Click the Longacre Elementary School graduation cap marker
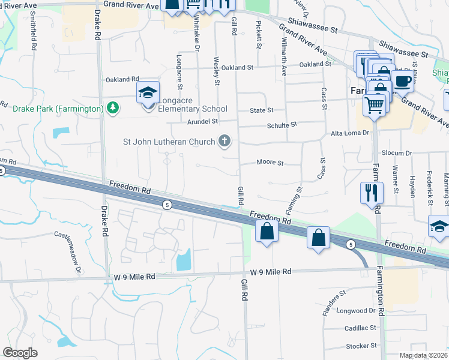pyautogui.click(x=148, y=93)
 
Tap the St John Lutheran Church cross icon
pyautogui.click(x=224, y=142)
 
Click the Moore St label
pyautogui.click(x=270, y=162)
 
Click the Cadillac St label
pyautogui.click(x=360, y=328)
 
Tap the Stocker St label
pyautogui.click(x=361, y=346)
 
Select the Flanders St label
pyautogui.click(x=334, y=303)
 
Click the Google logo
pyautogui.click(x=20, y=352)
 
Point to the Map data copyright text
pyautogui.click(x=424, y=355)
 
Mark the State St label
pyautogui.click(x=262, y=110)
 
